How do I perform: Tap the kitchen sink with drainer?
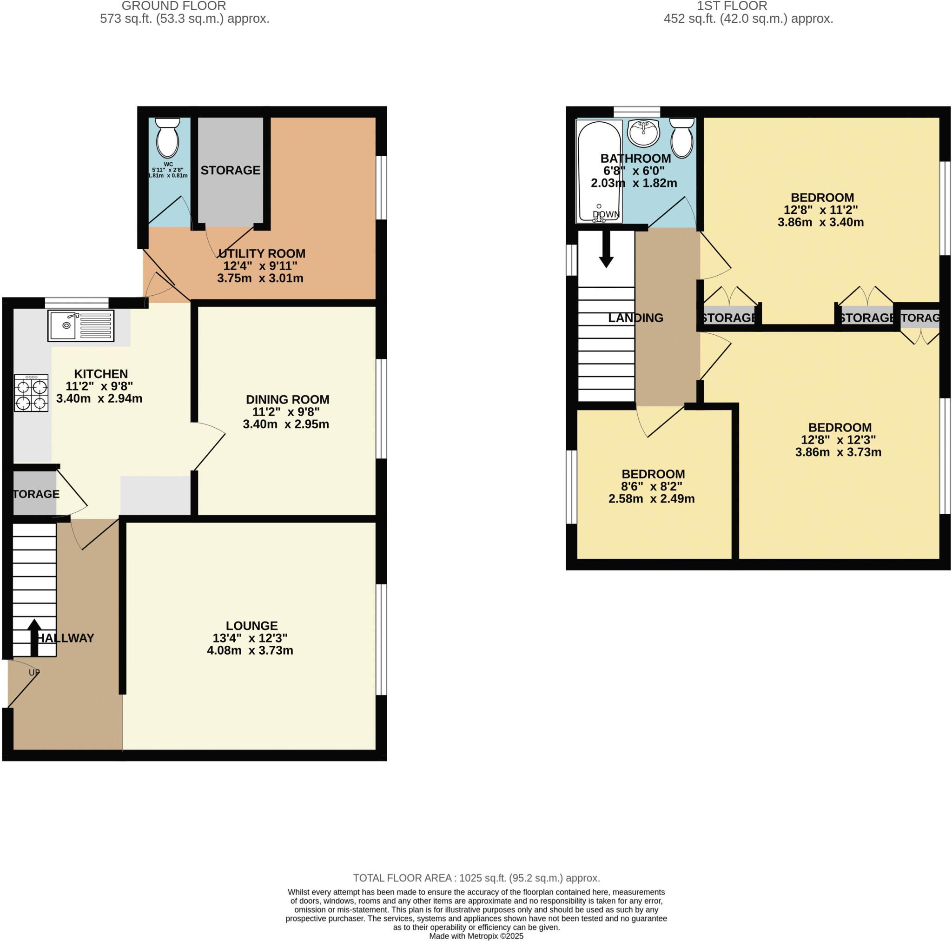click(81, 325)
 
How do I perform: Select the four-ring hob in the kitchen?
click(31, 393)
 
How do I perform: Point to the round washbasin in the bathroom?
click(643, 133)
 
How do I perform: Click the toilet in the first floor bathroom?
click(682, 139)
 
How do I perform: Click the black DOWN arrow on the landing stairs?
click(606, 249)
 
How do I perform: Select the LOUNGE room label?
click(251, 625)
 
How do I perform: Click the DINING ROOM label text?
click(287, 399)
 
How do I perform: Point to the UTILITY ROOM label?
click(262, 253)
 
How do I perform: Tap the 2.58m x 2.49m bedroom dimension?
click(651, 498)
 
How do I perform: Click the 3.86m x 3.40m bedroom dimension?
click(820, 222)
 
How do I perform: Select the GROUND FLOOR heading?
click(173, 6)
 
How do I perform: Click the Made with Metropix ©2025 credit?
click(476, 935)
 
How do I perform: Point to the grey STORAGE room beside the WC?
click(230, 170)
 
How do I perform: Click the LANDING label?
click(635, 318)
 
